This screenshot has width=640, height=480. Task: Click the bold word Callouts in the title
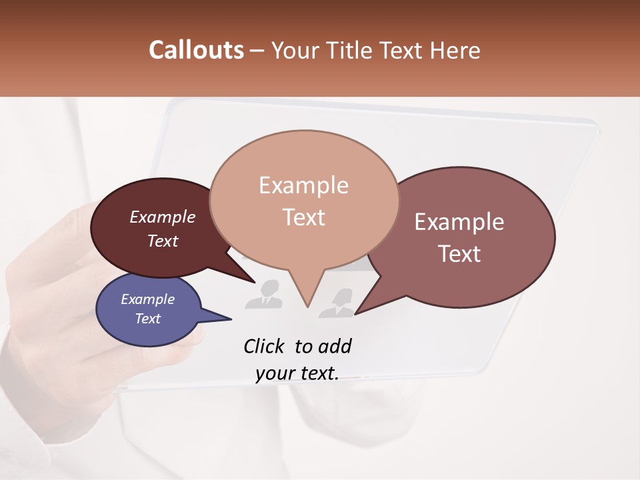point(196,51)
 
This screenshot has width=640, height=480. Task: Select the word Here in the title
point(453,51)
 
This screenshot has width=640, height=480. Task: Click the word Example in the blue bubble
point(147,299)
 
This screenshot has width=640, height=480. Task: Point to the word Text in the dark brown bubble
point(163,241)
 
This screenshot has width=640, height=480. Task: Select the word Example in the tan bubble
point(303,185)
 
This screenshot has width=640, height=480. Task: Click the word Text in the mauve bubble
point(459,254)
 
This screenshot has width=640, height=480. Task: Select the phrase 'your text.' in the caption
point(297,373)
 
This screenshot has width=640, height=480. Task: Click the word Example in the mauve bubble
point(459,222)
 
